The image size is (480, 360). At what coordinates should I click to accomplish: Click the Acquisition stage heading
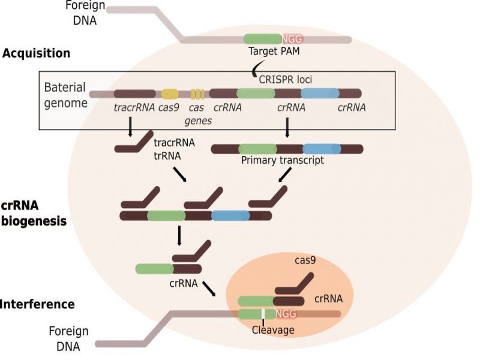36,53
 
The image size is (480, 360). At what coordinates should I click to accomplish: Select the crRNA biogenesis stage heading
33,213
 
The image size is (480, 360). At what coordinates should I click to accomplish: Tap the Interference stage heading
37,304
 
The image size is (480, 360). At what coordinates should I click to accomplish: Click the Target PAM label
274,52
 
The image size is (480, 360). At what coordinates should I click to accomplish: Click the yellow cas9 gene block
170,94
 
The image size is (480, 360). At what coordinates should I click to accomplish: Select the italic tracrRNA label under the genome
134,108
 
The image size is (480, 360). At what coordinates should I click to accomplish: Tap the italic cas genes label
196,114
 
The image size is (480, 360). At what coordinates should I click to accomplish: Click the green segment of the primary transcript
258,148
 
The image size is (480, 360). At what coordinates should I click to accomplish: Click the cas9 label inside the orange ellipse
306,260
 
